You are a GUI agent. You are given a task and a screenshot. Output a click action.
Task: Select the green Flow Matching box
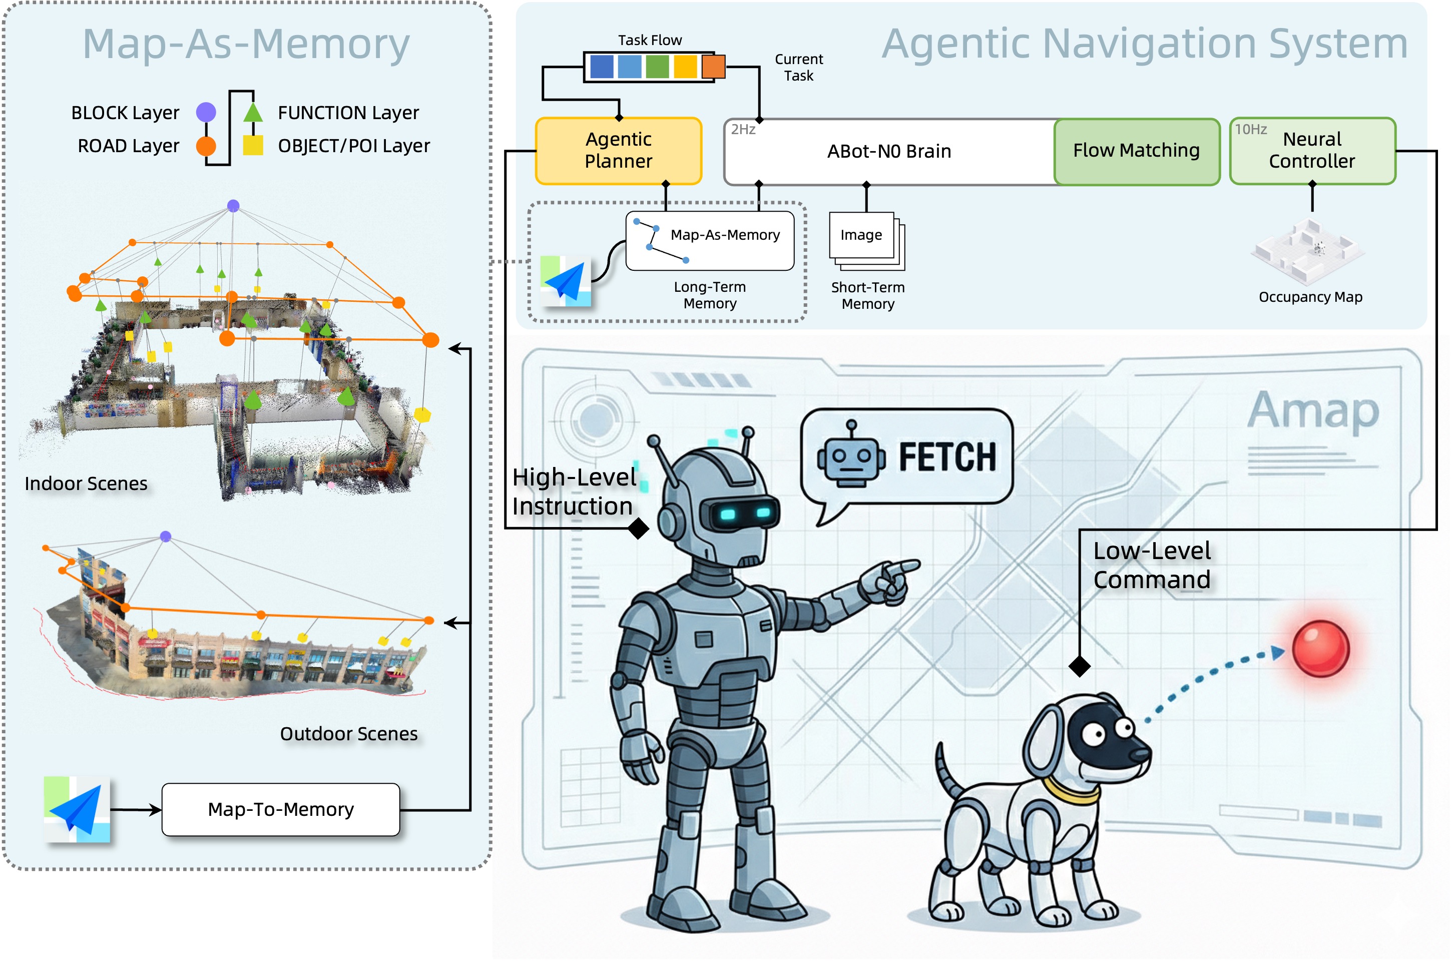(1136, 151)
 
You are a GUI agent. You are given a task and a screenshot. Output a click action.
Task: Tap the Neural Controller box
(1312, 151)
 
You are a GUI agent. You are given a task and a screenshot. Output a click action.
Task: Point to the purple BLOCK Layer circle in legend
(206, 112)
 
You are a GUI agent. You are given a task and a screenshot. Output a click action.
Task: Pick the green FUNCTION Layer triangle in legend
(253, 112)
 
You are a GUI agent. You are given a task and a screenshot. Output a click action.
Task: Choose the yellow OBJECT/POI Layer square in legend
(253, 145)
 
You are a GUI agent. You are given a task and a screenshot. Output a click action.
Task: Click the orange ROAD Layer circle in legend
(206, 146)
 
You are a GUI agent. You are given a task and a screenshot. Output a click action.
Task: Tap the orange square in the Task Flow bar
(713, 66)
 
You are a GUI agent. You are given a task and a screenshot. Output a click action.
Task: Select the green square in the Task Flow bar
(657, 66)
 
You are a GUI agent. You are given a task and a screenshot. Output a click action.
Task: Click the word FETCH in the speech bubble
(947, 457)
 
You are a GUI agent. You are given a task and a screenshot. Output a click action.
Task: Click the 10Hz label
(1250, 129)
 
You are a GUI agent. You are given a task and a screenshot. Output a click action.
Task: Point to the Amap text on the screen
(1313, 410)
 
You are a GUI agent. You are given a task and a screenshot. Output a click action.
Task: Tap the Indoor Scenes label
(86, 484)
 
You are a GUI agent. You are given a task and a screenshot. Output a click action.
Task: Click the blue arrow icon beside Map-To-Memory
(77, 809)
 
